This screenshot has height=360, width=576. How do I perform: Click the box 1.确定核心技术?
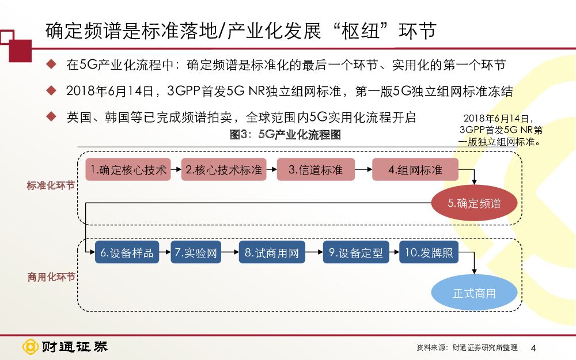(128, 170)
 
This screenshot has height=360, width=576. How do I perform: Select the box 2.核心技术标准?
(223, 170)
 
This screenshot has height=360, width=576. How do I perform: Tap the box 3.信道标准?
(315, 170)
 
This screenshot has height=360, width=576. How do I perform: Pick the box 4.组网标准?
(415, 170)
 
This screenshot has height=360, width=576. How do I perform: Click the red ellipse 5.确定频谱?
(474, 203)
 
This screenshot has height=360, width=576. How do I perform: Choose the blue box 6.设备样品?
(127, 253)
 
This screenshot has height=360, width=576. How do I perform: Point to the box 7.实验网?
(196, 253)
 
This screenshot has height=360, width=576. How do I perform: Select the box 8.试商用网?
(271, 253)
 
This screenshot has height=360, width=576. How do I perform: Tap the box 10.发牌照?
(429, 253)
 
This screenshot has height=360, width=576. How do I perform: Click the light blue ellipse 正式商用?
(474, 293)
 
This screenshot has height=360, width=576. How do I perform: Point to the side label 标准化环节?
(51, 186)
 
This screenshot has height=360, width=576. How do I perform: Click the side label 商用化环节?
(51, 277)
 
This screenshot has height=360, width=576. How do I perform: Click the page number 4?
(533, 348)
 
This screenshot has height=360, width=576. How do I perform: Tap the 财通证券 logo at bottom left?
(65, 347)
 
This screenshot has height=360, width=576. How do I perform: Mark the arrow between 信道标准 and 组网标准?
(362, 170)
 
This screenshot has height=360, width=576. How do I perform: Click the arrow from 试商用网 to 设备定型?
(313, 253)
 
